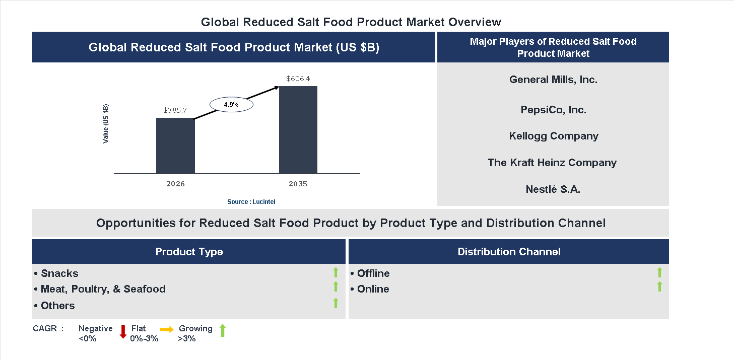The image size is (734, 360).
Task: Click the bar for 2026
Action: [x=175, y=146]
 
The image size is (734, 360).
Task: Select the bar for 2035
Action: [x=298, y=130]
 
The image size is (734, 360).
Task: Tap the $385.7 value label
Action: [x=175, y=110]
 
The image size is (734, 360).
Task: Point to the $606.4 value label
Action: [x=298, y=79]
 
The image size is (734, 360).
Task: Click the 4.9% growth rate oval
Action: [x=231, y=105]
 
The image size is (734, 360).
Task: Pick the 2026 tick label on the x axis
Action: [x=175, y=184]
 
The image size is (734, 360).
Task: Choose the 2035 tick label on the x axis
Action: [x=298, y=184]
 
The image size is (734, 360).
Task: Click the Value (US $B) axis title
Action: [x=106, y=123]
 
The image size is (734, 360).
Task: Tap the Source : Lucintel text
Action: [x=251, y=202]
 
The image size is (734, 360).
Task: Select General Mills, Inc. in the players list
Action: [x=553, y=80]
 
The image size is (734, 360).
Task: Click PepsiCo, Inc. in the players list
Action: [x=553, y=110]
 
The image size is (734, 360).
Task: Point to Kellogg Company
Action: [x=553, y=136]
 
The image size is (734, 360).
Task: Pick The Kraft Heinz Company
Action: [x=552, y=163]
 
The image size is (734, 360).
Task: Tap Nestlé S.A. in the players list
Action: [x=553, y=189]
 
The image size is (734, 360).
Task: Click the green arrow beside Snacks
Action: [x=336, y=273]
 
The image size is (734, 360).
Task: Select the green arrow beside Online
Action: [x=659, y=286]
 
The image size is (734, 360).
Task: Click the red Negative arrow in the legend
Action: [x=122, y=332]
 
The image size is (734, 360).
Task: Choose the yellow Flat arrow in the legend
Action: [x=167, y=329]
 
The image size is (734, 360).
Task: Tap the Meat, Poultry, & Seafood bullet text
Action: [x=103, y=289]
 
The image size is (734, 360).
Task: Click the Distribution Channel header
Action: [x=509, y=252]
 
